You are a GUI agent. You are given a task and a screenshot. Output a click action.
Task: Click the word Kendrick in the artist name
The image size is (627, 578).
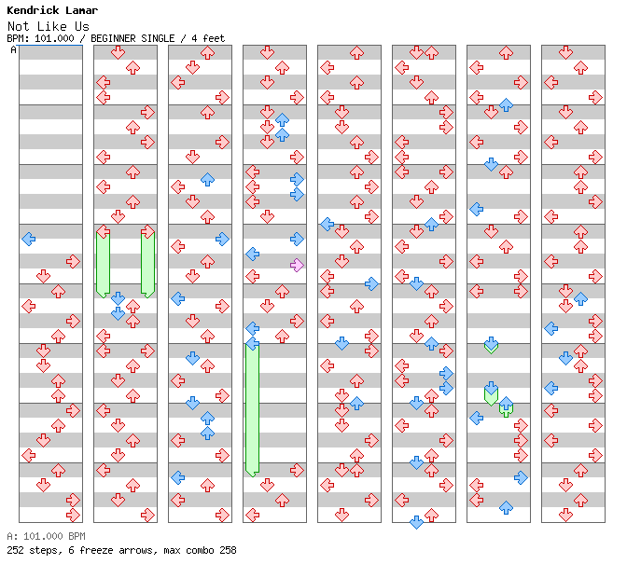click(33, 10)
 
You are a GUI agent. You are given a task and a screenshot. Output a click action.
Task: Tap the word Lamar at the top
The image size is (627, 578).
click(81, 10)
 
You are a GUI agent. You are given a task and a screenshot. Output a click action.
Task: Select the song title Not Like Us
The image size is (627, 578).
click(48, 26)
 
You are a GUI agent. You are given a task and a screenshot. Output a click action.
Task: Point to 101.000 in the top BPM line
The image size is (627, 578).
click(54, 38)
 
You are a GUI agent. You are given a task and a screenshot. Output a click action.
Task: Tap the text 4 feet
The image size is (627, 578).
click(208, 38)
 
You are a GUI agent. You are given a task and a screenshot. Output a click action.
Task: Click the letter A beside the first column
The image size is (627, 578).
click(13, 50)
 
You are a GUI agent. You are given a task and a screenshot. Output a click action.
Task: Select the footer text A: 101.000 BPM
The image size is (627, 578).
click(46, 536)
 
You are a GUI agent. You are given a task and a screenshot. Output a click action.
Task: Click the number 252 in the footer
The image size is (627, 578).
click(15, 550)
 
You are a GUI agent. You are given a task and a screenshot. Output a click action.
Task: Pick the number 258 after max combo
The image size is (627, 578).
click(228, 550)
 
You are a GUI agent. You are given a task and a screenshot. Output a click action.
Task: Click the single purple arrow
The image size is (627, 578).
click(297, 265)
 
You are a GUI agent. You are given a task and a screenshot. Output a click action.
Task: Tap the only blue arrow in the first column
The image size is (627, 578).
click(28, 239)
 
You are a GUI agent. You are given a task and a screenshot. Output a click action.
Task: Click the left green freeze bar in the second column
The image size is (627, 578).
click(104, 264)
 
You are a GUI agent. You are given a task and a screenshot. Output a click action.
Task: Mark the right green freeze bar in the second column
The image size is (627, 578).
click(147, 264)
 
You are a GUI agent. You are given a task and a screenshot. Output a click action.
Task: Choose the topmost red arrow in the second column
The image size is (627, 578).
click(118, 52)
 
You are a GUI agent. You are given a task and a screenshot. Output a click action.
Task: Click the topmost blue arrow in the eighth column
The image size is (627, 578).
click(580, 298)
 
